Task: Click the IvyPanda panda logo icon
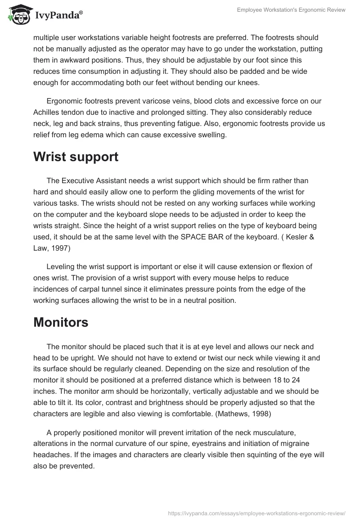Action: pos(18,14)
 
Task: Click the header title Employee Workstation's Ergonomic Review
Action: pos(291,10)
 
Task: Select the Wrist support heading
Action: pos(76,157)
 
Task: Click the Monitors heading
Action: pos(61,322)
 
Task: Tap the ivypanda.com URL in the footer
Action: pos(256,513)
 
